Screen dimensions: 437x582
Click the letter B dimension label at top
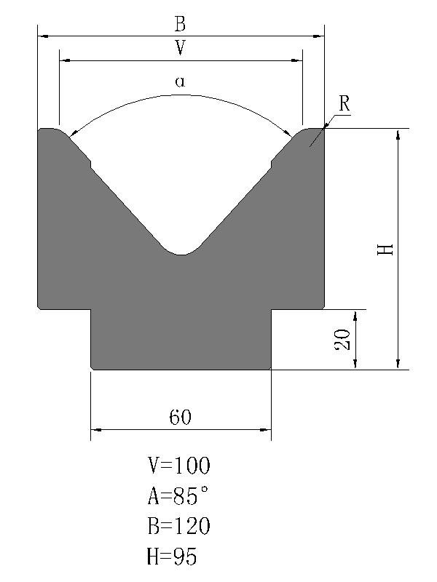click(x=180, y=23)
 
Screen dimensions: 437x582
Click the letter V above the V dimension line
click(x=180, y=47)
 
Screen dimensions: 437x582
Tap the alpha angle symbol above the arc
click(x=180, y=81)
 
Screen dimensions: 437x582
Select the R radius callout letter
click(x=345, y=103)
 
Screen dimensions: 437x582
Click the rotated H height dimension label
click(x=385, y=249)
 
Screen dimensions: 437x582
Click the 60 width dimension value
click(x=181, y=417)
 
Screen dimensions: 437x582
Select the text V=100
click(x=179, y=466)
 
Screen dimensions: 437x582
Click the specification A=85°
click(x=178, y=496)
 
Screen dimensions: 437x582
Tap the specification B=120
click(x=179, y=526)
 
